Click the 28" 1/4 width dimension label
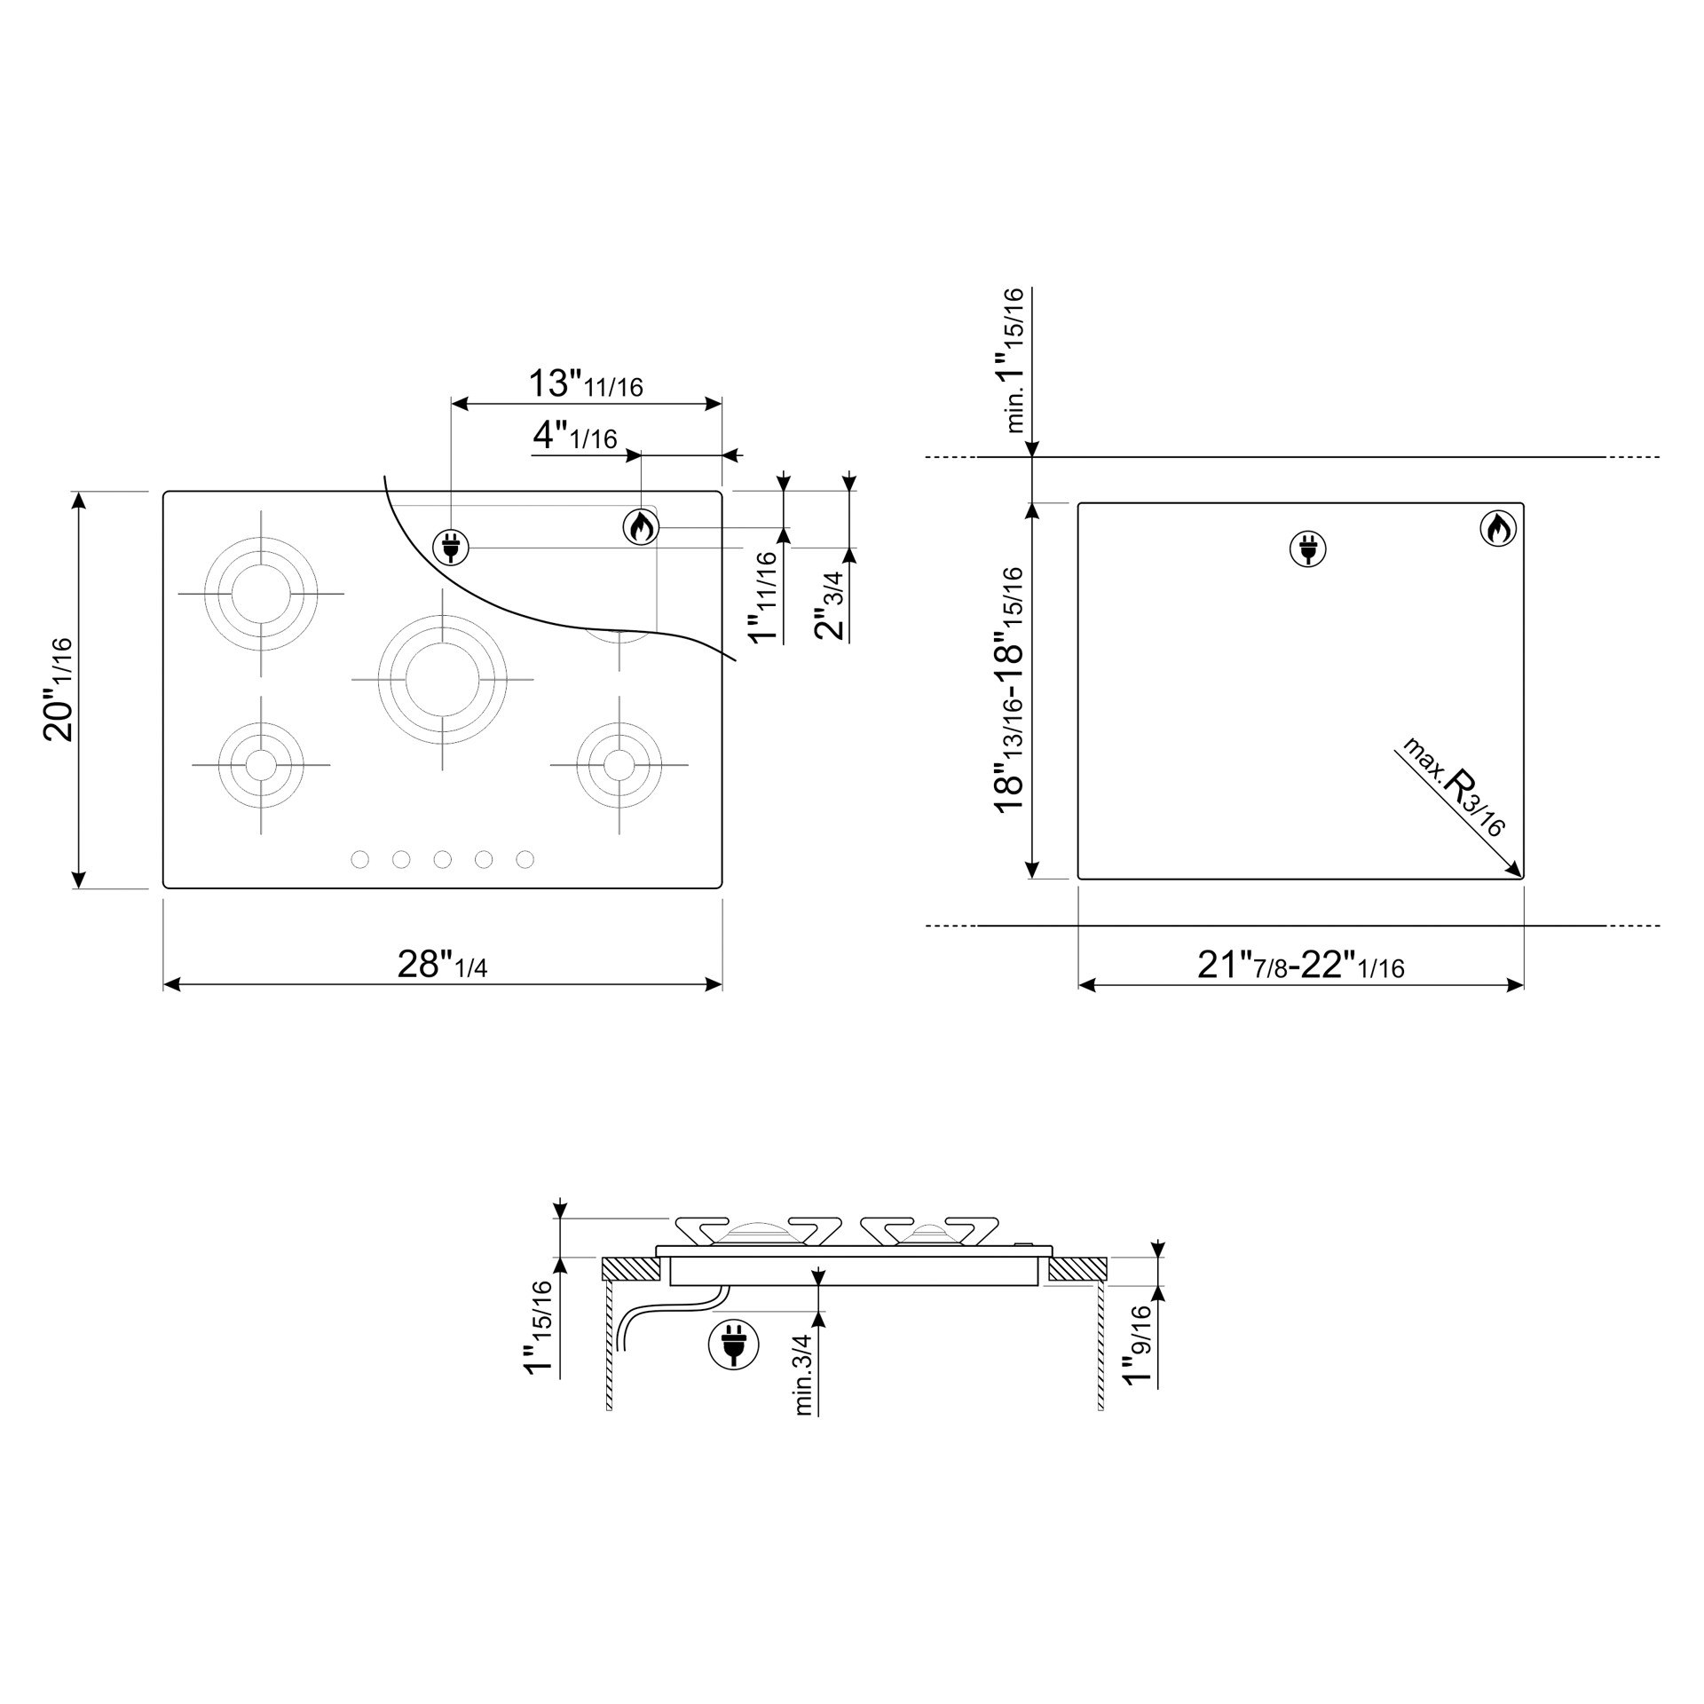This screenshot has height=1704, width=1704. pyautogui.click(x=442, y=965)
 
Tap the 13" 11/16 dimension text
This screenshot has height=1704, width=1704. pyautogui.click(x=586, y=383)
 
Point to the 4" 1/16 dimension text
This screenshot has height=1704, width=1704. pyautogui.click(x=574, y=436)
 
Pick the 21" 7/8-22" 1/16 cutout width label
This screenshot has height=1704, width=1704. pyautogui.click(x=1301, y=965)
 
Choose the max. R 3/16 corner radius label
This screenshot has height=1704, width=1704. pyautogui.click(x=1453, y=786)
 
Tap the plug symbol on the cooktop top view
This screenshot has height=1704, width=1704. pyautogui.click(x=451, y=548)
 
